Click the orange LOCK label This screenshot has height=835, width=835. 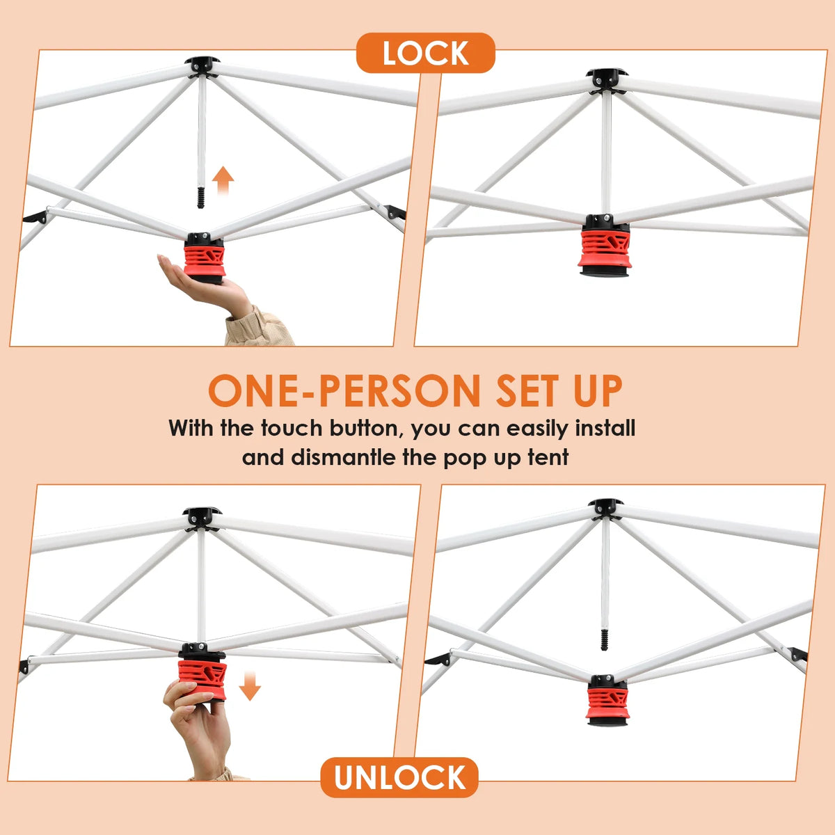pyautogui.click(x=425, y=53)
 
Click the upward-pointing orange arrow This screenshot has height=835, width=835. pyautogui.click(x=223, y=180)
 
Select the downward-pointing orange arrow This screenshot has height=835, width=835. pyautogui.click(x=250, y=686)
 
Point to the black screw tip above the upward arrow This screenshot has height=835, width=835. pyautogui.click(x=200, y=198)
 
